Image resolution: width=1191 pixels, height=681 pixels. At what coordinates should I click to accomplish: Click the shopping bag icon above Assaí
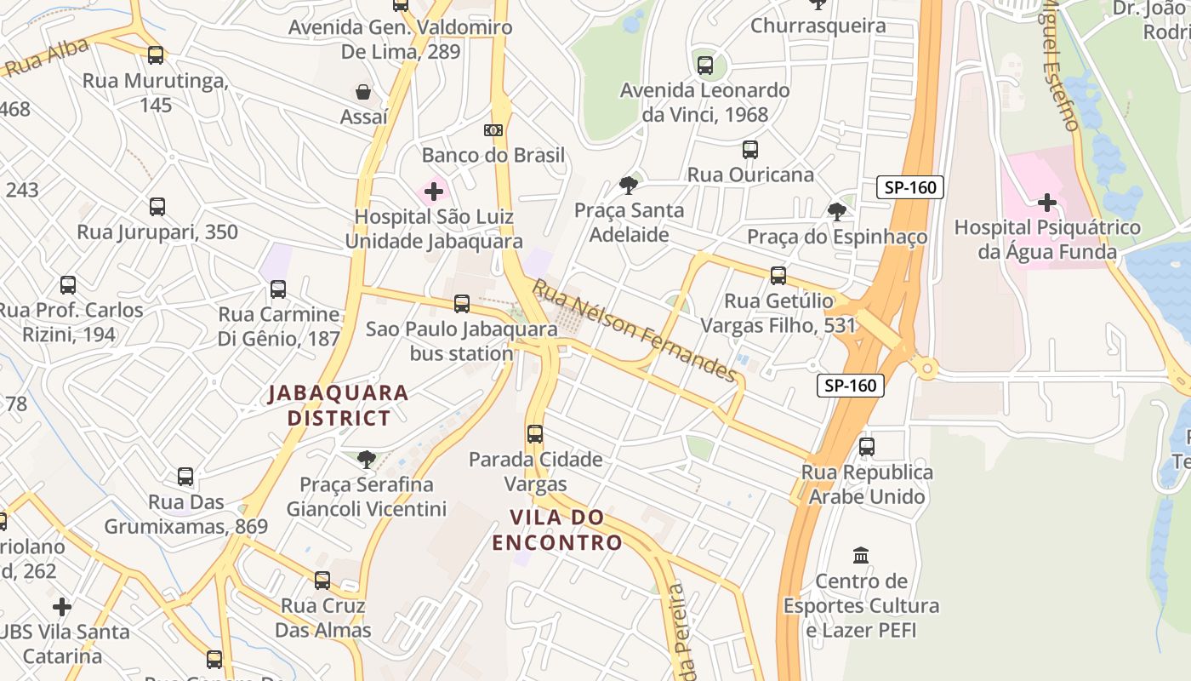(363, 92)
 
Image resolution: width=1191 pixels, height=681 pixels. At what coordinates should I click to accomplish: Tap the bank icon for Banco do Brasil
(493, 130)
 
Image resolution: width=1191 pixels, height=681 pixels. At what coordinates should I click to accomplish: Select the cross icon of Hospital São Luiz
(434, 191)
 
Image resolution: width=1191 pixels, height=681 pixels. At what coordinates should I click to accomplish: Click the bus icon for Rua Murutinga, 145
(156, 55)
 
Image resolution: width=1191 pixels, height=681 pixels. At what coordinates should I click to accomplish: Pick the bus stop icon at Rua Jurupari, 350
(157, 207)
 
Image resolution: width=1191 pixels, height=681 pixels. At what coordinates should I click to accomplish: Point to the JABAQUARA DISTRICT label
(339, 405)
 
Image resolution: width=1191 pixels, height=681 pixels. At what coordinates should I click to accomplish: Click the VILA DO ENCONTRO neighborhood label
(557, 529)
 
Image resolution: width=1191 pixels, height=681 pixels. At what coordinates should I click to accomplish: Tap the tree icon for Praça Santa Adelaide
(629, 185)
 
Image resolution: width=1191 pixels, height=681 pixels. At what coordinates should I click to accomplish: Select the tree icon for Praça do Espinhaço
(837, 211)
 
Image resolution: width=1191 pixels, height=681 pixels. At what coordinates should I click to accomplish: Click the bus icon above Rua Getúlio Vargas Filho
(778, 276)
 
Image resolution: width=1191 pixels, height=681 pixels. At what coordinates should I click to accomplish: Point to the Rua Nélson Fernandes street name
(634, 331)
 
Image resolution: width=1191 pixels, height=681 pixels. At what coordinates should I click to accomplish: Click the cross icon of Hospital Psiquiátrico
(1047, 203)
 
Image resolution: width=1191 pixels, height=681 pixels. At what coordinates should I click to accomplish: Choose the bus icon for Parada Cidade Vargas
(535, 434)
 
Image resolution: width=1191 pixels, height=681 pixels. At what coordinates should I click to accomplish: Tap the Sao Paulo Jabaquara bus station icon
(462, 303)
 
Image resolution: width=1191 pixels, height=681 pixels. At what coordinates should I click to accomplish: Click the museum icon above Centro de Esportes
(861, 556)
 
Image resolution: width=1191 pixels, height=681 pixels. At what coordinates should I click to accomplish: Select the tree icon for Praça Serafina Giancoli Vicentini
(367, 460)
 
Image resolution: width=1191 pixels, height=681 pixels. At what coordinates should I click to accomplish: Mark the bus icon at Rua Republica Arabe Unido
(867, 446)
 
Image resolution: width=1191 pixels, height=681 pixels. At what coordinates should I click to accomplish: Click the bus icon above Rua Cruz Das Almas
(322, 581)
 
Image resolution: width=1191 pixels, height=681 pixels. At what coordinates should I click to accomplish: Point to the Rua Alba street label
(47, 57)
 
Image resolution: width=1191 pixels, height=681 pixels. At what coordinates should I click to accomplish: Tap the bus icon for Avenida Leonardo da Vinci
(705, 65)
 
